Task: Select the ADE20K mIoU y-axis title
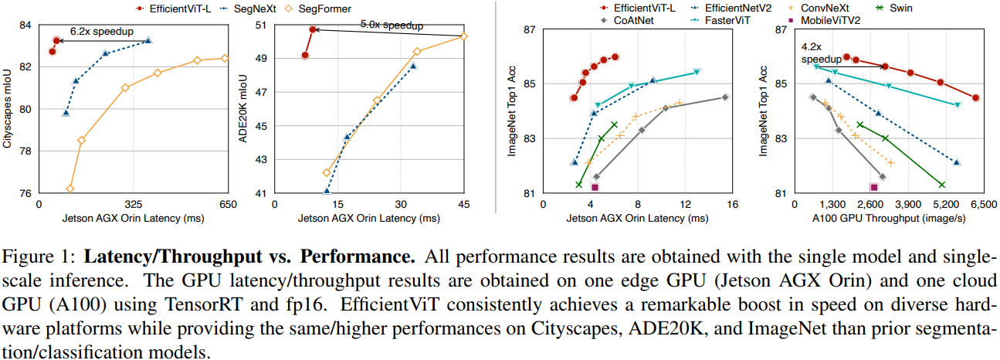243,109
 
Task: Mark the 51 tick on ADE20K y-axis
259,25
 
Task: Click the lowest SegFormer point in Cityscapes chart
70,188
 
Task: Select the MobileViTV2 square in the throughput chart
874,187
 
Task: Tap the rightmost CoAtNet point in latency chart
724,97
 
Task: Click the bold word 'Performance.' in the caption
347,255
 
